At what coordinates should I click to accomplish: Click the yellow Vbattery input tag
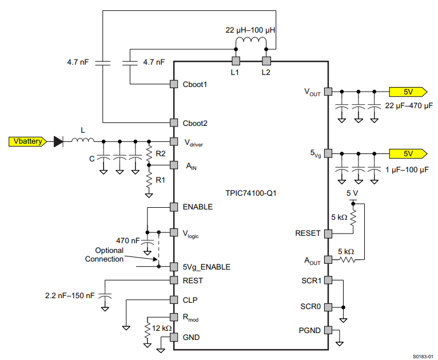[26, 141]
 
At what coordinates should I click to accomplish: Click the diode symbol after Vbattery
[57, 141]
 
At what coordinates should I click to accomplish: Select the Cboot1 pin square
[174, 84]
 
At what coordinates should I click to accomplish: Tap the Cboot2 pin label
[195, 122]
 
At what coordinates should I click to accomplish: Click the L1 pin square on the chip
[235, 61]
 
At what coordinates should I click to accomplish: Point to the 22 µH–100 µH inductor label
[250, 29]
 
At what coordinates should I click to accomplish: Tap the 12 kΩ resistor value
[161, 328]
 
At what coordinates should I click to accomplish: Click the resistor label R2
[160, 153]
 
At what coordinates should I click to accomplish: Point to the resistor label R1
[160, 180]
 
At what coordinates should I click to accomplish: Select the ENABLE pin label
[198, 207]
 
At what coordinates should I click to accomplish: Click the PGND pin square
[328, 330]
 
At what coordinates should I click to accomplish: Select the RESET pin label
[308, 234]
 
